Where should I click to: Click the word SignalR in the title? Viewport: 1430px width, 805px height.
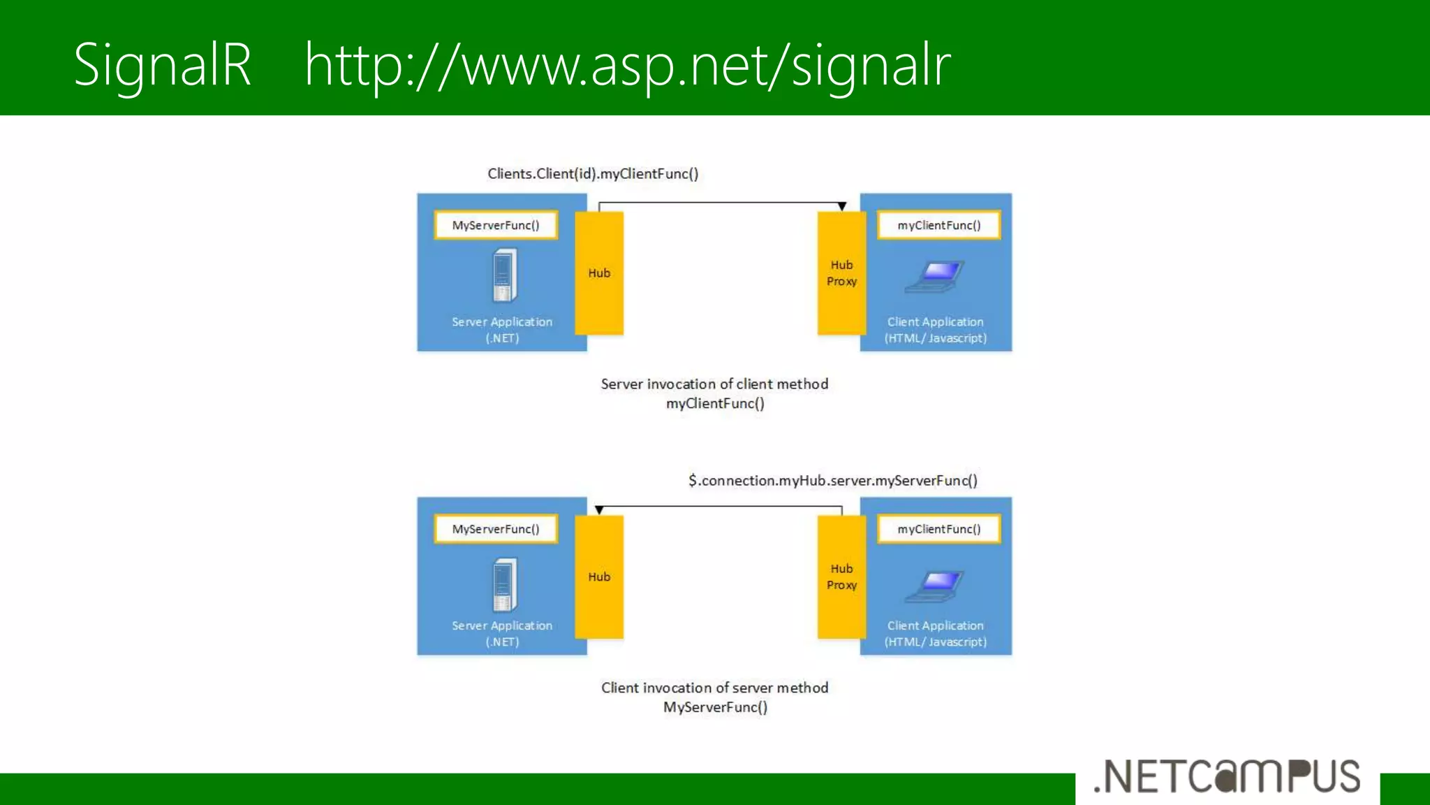pyautogui.click(x=162, y=64)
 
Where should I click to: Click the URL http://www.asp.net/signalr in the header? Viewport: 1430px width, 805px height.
pyautogui.click(x=627, y=66)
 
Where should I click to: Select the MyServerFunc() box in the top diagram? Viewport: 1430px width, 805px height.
pyautogui.click(x=496, y=225)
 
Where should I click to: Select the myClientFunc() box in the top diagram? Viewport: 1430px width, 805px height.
pyautogui.click(x=938, y=225)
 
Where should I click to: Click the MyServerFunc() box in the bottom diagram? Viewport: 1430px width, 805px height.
pyautogui.click(x=496, y=529)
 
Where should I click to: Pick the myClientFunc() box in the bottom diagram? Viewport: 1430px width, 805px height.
pyautogui.click(x=938, y=529)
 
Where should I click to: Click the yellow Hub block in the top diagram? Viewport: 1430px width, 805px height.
pyautogui.click(x=599, y=273)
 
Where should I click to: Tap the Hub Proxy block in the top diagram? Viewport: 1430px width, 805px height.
pyautogui.click(x=841, y=273)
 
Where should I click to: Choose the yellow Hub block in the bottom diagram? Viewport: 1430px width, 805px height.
pyautogui.click(x=599, y=577)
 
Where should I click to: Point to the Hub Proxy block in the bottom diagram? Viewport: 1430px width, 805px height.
pyautogui.click(x=841, y=577)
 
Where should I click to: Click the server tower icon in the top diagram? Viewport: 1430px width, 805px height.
pyautogui.click(x=503, y=275)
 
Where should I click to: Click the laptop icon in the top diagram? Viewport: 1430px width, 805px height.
pyautogui.click(x=935, y=276)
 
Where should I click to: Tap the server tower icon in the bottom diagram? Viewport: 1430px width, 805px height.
pyautogui.click(x=503, y=584)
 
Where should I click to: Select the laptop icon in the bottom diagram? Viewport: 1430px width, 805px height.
pyautogui.click(x=935, y=586)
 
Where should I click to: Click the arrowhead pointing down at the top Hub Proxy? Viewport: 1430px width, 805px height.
pyautogui.click(x=842, y=206)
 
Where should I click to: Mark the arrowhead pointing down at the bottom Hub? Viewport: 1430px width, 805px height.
pyautogui.click(x=599, y=510)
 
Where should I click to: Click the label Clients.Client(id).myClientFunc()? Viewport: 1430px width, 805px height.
pyautogui.click(x=593, y=173)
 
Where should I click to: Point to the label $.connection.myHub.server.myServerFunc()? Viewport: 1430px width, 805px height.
pyautogui.click(x=832, y=480)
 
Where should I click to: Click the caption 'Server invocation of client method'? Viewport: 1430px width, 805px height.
pyautogui.click(x=714, y=384)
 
